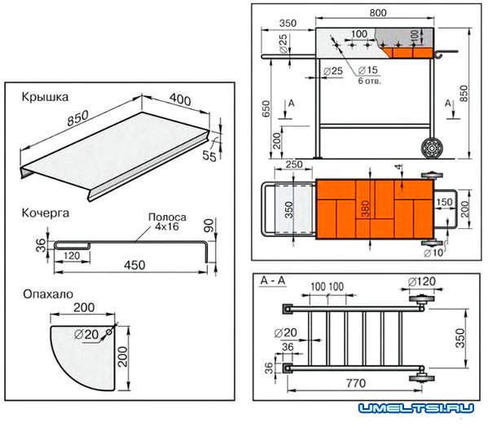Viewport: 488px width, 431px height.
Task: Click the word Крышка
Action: click(45, 97)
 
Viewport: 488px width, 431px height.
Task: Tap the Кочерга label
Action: click(46, 213)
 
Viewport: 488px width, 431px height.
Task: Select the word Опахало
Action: click(48, 294)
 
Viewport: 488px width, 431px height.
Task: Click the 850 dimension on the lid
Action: click(78, 118)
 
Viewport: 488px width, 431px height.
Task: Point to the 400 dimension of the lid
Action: click(180, 99)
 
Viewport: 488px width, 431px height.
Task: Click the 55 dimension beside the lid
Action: click(209, 156)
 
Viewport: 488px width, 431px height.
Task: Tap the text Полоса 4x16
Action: click(168, 222)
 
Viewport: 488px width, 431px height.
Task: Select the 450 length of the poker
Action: click(134, 265)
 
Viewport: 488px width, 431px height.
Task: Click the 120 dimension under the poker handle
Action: click(72, 256)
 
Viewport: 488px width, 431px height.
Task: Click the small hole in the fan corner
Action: click(109, 332)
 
